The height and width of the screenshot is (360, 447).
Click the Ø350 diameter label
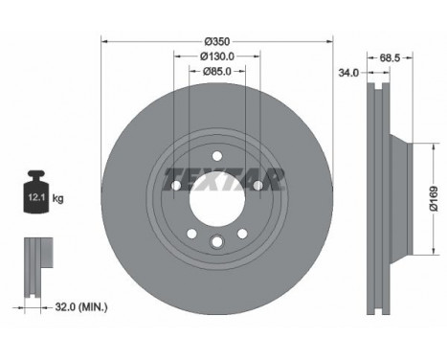217,41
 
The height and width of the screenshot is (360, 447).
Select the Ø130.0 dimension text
217,56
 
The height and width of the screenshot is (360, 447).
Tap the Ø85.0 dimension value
217,71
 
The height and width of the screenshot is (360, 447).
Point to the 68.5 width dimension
390,58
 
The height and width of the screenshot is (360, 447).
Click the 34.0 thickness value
348,73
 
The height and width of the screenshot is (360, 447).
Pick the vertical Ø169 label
434,198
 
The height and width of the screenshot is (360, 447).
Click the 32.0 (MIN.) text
81,307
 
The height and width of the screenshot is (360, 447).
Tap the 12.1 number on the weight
36,197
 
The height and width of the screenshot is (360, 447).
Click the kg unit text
57,198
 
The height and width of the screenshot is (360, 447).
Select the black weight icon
36,191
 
